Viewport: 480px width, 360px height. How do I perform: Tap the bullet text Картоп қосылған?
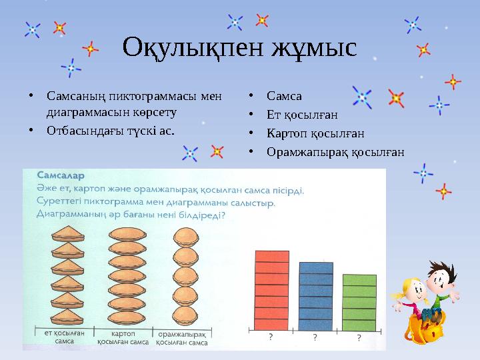pyautogui.click(x=315, y=133)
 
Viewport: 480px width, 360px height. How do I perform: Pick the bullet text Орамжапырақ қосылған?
pyautogui.click(x=335, y=152)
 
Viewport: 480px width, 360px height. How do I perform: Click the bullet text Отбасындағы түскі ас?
pyautogui.click(x=111, y=130)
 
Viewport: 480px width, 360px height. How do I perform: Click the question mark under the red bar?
pyautogui.click(x=270, y=338)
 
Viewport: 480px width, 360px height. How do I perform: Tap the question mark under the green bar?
pyautogui.click(x=359, y=338)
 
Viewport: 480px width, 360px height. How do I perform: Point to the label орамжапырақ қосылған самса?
pyautogui.click(x=182, y=338)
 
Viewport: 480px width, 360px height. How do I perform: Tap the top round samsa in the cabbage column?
pyautogui.click(x=185, y=238)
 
